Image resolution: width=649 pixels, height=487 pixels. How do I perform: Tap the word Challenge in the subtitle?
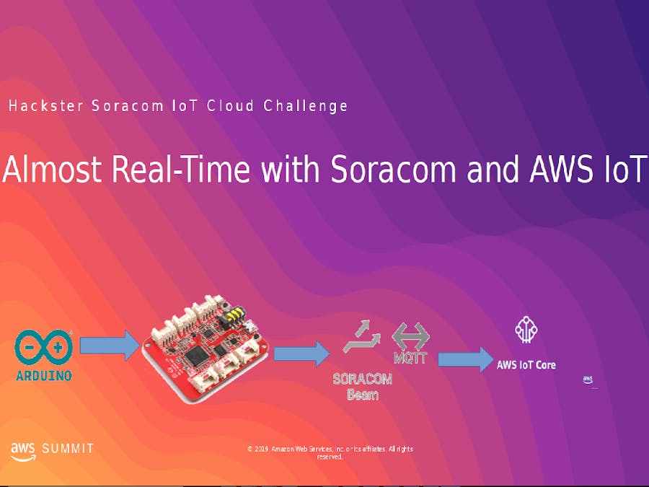click(306, 106)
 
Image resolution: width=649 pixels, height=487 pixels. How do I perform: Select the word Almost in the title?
click(53, 170)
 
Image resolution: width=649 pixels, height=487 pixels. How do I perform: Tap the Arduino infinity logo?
click(43, 347)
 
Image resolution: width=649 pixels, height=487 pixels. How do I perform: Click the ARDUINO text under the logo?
click(44, 376)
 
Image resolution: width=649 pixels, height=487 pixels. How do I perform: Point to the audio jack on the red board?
click(234, 315)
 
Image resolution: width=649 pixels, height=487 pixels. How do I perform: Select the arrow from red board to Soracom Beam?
click(301, 354)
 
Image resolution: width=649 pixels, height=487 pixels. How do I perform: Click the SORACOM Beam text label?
click(362, 387)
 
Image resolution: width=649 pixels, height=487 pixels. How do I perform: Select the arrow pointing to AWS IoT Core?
click(466, 359)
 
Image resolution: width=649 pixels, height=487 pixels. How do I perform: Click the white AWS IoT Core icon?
click(526, 330)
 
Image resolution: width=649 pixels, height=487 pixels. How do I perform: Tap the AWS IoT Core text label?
click(526, 365)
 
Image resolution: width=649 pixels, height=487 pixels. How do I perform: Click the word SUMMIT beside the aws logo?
click(68, 449)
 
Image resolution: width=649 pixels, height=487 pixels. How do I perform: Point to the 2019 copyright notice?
click(330, 452)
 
